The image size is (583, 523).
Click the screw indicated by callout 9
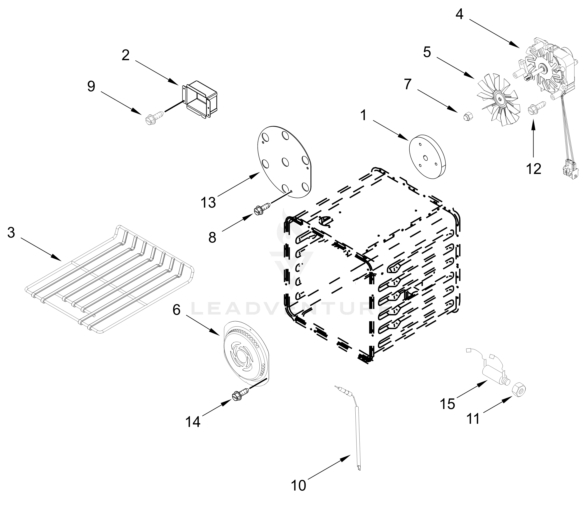(x=151, y=117)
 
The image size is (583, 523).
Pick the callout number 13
(x=208, y=203)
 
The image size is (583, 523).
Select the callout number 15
(x=448, y=404)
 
